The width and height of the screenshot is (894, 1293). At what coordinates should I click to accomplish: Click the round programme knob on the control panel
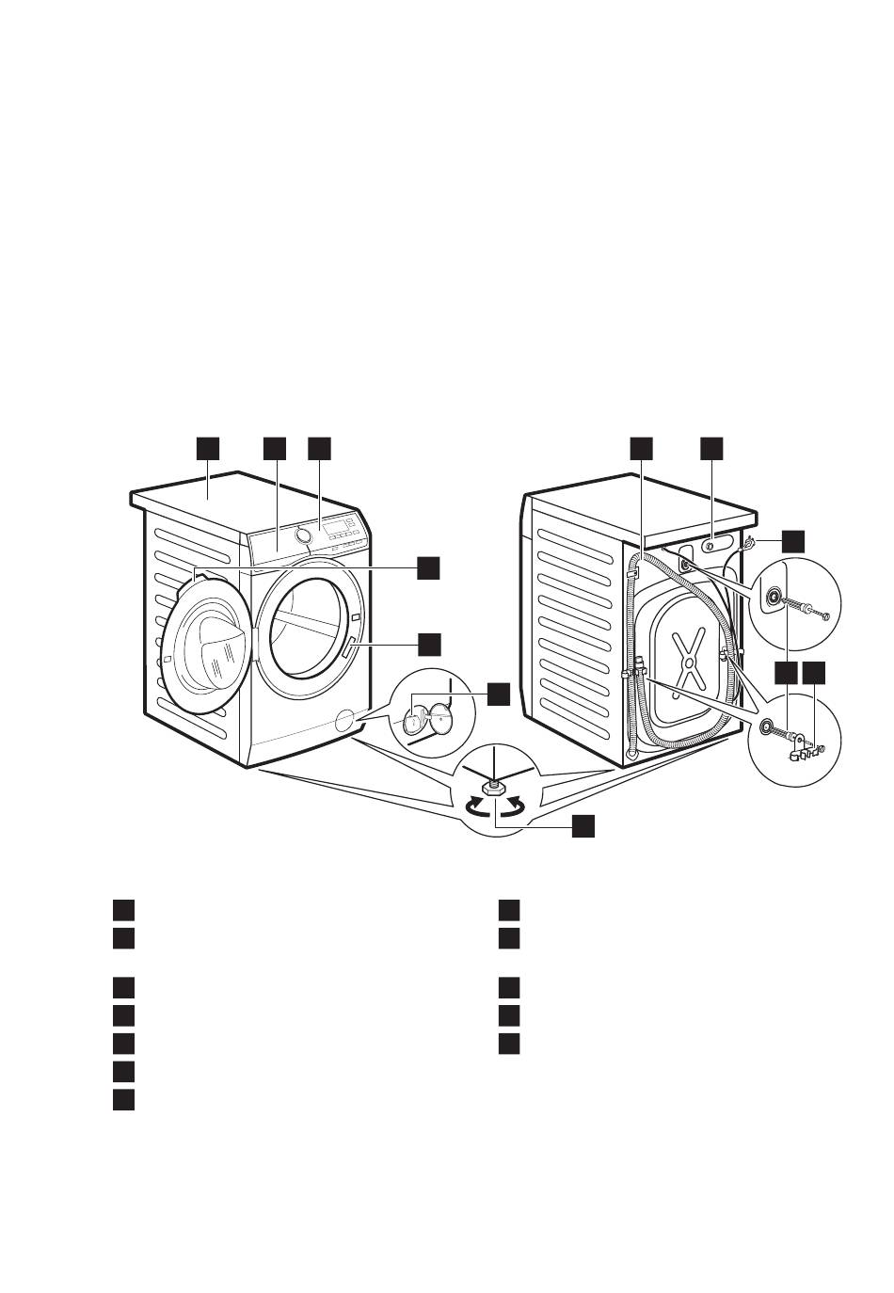303,535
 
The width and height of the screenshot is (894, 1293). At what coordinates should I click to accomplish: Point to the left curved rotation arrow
479,806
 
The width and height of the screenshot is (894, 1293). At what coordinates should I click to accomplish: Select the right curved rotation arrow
513,806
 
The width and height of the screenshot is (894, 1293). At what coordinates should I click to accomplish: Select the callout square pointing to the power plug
792,540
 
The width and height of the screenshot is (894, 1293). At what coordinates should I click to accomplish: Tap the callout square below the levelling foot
583,826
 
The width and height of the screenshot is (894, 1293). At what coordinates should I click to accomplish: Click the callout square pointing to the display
320,448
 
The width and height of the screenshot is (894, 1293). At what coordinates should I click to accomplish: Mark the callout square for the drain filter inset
498,694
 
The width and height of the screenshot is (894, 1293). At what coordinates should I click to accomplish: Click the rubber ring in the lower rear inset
769,726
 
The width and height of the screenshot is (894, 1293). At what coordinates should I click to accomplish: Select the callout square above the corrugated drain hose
641,448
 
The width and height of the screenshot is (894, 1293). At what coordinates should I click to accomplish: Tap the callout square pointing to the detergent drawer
274,448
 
